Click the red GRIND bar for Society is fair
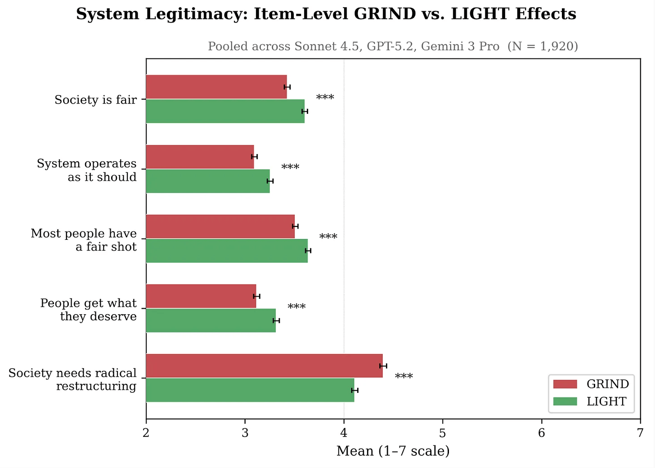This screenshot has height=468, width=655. coord(216,87)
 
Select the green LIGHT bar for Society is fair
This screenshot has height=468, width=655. coord(225,111)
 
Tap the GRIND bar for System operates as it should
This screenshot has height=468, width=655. coord(200,157)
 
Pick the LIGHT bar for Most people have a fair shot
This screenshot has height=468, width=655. coord(227,251)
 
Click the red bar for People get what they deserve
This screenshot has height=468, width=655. coord(201,296)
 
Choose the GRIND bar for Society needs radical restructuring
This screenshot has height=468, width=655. coord(265,366)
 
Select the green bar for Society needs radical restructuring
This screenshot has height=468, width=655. coord(250,390)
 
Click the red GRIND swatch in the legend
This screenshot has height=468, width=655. coord(565,384)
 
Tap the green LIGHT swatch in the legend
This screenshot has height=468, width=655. coord(565,401)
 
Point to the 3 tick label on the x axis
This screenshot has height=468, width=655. coord(245,433)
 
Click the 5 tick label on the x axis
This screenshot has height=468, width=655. coord(443,433)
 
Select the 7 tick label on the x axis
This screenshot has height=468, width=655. coord(641,433)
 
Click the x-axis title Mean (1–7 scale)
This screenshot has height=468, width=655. coord(393,451)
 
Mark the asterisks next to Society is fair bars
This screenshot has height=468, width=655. coord(325,97)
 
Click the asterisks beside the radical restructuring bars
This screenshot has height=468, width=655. coord(404,376)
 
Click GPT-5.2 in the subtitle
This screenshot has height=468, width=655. coord(391,46)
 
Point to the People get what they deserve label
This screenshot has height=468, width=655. coord(88,310)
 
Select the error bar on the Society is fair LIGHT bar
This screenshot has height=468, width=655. coord(305,111)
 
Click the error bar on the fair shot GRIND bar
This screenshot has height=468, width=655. coord(295,226)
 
